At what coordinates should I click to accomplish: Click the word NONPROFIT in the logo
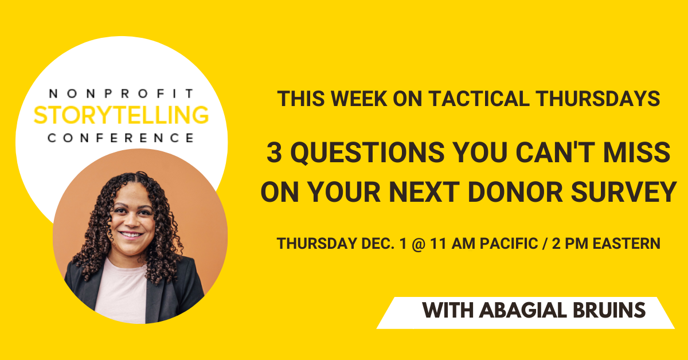[x=122, y=93]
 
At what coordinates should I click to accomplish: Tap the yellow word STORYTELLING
[x=122, y=115]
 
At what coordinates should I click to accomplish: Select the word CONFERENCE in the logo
[x=122, y=138]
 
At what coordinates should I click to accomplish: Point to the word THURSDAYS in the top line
[x=598, y=99]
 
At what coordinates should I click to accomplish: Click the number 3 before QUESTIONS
[x=274, y=152]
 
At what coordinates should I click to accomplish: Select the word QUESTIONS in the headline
[x=368, y=152]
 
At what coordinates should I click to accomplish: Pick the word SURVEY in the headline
[x=624, y=192]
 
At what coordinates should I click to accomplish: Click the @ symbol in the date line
[x=419, y=244]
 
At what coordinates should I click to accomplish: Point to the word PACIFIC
[x=509, y=244]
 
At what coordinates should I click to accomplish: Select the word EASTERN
[x=626, y=244]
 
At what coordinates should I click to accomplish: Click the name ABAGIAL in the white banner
[x=523, y=310]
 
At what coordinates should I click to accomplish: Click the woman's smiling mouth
[x=131, y=235]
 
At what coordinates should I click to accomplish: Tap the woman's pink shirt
[x=122, y=292]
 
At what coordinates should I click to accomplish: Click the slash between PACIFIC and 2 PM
[x=545, y=244]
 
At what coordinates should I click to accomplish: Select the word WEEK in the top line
[x=358, y=99]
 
